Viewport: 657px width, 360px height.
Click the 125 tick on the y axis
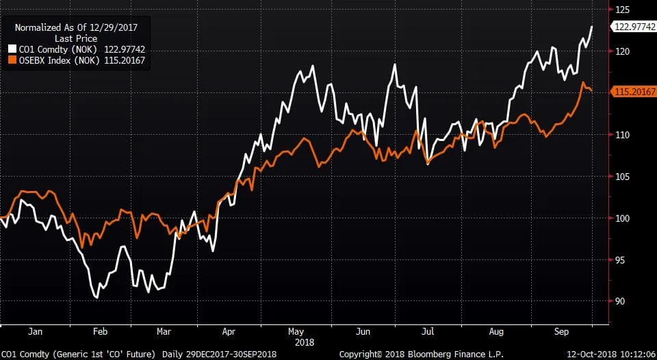[x=621, y=10]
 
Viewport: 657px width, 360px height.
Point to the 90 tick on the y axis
[x=620, y=301]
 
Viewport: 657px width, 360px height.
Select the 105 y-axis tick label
[x=621, y=177]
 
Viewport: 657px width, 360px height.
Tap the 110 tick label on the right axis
[x=621, y=135]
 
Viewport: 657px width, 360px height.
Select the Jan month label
[x=36, y=331]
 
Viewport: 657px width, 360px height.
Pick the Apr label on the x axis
[x=229, y=331]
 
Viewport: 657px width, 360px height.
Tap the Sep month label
[x=561, y=331]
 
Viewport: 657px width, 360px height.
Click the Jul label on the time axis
[x=428, y=331]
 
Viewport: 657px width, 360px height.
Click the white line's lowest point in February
[x=96, y=298]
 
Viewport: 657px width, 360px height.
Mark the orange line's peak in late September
[x=583, y=83]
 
